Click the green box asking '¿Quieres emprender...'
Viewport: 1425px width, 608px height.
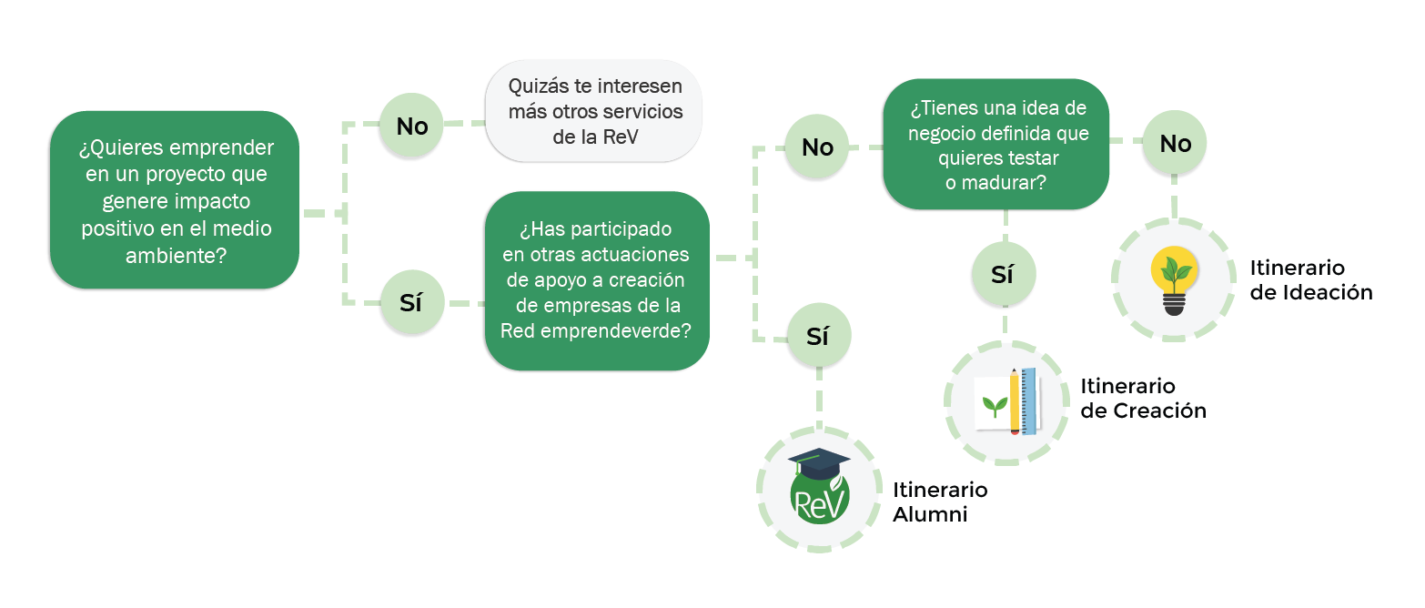(x=174, y=200)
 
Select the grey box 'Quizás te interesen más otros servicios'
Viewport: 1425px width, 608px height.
(x=594, y=112)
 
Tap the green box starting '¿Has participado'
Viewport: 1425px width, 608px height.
(x=597, y=280)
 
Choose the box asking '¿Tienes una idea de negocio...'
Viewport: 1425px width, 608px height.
(x=996, y=145)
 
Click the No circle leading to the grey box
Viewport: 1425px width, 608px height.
(x=412, y=126)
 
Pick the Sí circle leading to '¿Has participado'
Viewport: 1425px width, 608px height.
(x=411, y=303)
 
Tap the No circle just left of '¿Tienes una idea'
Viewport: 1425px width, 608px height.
(x=817, y=147)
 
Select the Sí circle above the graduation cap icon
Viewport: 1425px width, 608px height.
(x=817, y=336)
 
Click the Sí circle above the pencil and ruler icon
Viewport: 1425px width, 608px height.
(x=1003, y=274)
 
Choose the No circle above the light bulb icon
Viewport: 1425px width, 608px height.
(x=1175, y=143)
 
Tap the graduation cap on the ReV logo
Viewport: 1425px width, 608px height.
(x=818, y=461)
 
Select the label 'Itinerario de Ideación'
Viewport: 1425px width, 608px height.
(x=1310, y=280)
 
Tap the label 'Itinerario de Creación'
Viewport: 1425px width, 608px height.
(x=1143, y=399)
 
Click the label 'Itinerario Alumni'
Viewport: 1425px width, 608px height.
(x=940, y=502)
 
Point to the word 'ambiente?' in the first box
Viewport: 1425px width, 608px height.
(x=177, y=256)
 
